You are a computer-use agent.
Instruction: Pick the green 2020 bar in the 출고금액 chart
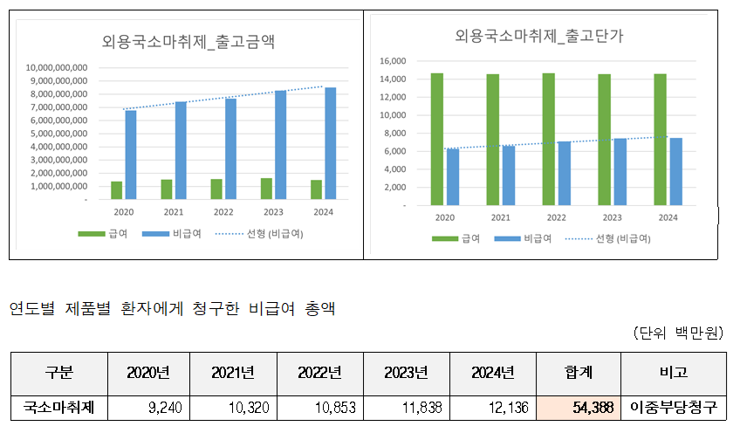point(116,190)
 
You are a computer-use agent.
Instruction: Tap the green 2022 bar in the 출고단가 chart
point(548,140)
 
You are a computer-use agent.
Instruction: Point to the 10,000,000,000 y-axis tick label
point(57,67)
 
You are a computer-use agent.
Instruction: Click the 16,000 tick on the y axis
point(394,61)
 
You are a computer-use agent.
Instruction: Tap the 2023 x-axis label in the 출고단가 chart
point(612,217)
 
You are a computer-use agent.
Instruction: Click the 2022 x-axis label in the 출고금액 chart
point(223,210)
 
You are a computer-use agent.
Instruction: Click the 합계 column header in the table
point(579,373)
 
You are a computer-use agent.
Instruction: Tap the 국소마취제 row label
point(58,407)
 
